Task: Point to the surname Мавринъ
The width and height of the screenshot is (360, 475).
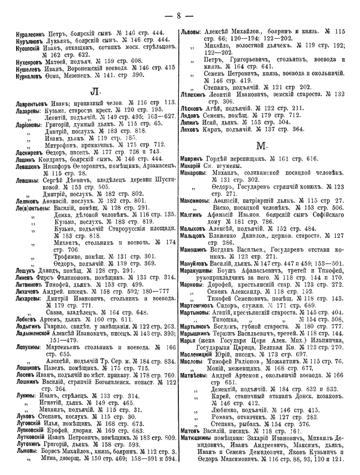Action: (x=192, y=159)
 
